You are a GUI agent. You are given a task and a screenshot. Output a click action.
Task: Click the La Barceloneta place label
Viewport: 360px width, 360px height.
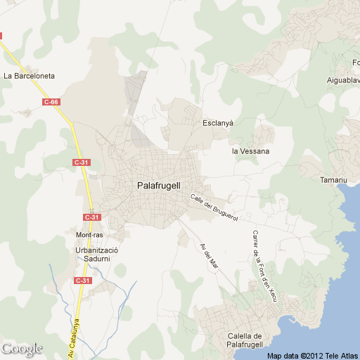[x=29, y=75]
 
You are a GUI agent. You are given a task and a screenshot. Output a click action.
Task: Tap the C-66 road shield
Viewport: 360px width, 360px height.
[x=51, y=102]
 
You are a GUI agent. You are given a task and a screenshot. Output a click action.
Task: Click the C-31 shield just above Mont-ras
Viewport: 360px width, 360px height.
[x=90, y=217]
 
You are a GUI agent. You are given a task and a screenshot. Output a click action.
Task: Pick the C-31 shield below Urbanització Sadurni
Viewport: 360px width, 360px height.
[x=83, y=281]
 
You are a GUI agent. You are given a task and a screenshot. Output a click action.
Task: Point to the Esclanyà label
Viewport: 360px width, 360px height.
[x=217, y=122]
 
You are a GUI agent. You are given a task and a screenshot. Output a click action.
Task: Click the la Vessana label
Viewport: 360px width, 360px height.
[x=250, y=150]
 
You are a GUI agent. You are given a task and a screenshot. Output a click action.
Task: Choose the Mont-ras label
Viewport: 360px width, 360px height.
[x=90, y=234]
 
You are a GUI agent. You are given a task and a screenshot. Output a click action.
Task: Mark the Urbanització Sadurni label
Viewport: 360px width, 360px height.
[x=98, y=254]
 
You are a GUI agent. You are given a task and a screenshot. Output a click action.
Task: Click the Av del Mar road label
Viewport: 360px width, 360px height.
[x=208, y=257]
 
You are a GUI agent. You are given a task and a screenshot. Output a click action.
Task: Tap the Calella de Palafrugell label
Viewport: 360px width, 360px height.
[x=245, y=340]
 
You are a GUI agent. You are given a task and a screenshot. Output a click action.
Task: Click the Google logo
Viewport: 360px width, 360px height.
[x=22, y=349]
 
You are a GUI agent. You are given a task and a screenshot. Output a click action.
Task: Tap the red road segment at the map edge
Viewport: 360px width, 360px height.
[x=1, y=34]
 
